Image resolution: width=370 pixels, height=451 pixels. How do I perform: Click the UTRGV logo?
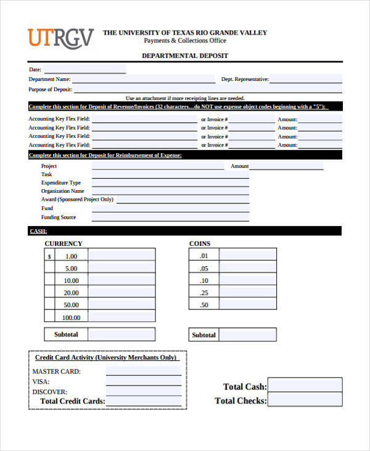[x=60, y=38]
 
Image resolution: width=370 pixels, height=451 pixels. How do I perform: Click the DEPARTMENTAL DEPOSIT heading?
[x=185, y=56]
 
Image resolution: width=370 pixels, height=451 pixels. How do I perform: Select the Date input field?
[x=84, y=69]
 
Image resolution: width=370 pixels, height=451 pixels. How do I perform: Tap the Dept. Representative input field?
[x=306, y=79]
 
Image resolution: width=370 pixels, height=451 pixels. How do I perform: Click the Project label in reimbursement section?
[x=49, y=166]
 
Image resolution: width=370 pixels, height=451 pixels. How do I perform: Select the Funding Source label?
[x=59, y=217]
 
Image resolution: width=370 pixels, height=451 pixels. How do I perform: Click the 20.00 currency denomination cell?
[x=72, y=293]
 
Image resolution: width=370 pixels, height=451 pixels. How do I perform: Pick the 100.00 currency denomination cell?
[x=72, y=318]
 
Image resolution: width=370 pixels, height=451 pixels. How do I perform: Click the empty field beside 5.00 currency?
[x=121, y=269]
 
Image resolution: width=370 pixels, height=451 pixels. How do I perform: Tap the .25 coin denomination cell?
[x=204, y=293]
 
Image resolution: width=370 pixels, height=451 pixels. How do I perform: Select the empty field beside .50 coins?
[x=248, y=305]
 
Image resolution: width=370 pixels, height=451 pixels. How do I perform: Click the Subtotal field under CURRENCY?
[x=121, y=334]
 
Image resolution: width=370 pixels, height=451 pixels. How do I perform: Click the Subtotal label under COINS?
[x=204, y=335]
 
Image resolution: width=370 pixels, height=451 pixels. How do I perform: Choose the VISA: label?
[x=41, y=382]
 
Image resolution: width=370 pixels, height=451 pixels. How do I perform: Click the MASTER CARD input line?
[x=143, y=371]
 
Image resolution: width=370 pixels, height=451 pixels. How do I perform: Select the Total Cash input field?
[x=305, y=386]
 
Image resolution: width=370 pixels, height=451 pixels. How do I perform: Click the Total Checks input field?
[x=305, y=400]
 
